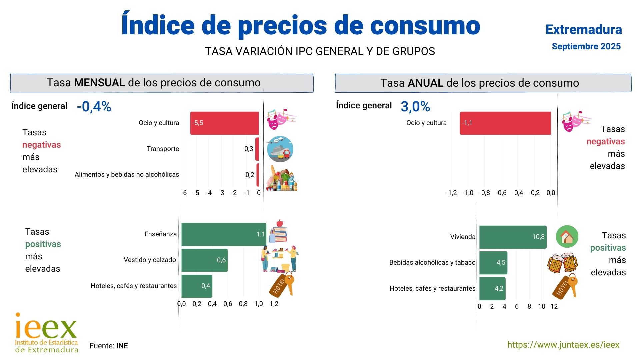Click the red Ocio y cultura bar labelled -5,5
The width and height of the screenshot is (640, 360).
click(x=224, y=123)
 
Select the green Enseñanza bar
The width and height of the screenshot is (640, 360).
click(x=224, y=234)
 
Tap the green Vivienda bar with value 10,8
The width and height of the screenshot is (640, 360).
click(x=513, y=237)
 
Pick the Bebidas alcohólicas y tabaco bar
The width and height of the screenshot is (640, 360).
click(x=493, y=263)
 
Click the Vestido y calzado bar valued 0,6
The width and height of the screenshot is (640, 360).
click(x=204, y=260)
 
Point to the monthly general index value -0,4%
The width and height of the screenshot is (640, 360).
click(x=94, y=107)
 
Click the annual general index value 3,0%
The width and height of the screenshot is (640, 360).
click(x=415, y=107)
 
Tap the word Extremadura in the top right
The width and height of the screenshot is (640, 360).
click(x=584, y=30)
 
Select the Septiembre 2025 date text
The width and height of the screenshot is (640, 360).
click(x=586, y=46)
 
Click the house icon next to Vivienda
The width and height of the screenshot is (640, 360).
click(x=567, y=237)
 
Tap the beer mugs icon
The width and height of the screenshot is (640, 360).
click(x=562, y=263)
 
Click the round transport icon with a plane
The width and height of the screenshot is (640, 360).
click(x=280, y=149)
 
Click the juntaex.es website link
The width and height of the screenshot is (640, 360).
click(x=563, y=345)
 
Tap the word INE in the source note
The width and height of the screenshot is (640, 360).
click(x=122, y=346)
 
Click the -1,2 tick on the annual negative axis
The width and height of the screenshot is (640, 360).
click(x=451, y=193)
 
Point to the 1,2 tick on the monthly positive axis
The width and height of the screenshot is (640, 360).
click(x=274, y=304)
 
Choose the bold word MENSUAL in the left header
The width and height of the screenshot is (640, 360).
click(x=99, y=83)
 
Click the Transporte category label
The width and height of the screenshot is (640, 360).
click(x=163, y=149)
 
